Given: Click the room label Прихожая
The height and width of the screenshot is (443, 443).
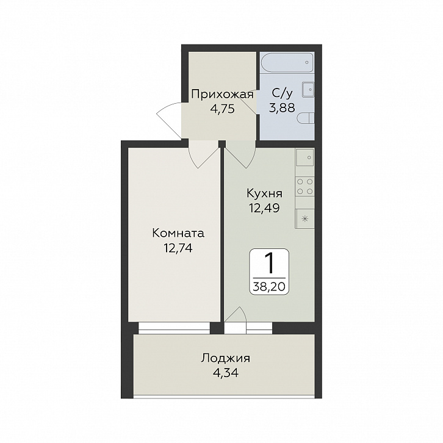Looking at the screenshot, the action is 222,95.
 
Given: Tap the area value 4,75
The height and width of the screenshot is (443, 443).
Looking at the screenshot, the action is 222,109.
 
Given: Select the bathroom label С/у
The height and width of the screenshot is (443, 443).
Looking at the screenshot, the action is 282,93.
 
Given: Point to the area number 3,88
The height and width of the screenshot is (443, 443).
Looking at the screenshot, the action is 282,107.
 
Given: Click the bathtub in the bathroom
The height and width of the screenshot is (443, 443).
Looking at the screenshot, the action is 287,63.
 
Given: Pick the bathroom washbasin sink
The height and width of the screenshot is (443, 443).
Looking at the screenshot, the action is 308,90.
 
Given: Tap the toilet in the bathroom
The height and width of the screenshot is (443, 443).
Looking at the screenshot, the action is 306,118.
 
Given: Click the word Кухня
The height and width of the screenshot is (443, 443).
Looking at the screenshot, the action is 264,194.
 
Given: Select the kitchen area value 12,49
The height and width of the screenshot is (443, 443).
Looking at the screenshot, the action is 264,208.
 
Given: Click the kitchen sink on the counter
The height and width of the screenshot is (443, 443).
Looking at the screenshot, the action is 305,157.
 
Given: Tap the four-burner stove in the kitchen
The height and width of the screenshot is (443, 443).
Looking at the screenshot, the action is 305,187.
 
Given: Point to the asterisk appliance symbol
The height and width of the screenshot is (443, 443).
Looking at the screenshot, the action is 305,218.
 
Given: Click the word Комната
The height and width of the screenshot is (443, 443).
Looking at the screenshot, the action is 178,234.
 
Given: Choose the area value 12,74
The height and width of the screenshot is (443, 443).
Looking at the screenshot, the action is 178,248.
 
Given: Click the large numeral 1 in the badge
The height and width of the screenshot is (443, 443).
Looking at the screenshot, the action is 270,263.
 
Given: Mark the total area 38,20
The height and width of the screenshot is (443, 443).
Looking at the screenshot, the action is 269,287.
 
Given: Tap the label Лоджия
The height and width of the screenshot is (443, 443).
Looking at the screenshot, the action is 225,359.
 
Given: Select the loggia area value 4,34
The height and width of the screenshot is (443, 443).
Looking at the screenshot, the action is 226,373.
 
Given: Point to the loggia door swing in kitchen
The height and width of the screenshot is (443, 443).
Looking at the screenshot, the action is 239,312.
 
